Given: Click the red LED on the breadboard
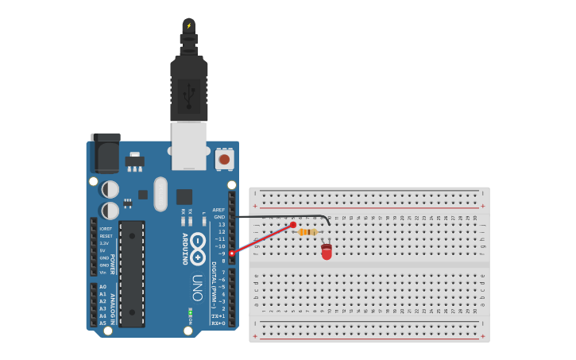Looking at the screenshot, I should pos(327,252).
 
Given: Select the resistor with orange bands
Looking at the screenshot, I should pos(307,232).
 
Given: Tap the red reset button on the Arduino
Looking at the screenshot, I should pos(224,159).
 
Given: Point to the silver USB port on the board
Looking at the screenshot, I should pos(189,145).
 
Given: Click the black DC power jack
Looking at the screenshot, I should pos(106,153).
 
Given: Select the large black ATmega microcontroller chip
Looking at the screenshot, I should pos(132,273).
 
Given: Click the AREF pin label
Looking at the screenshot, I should pos(218,210).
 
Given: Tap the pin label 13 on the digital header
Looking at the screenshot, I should pos(222,224).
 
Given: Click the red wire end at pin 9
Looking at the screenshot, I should pos(232,253).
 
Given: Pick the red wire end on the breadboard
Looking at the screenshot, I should pos(293,225).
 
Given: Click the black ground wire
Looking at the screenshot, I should pos(278,216).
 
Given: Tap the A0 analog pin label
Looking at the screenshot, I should pos(102,287).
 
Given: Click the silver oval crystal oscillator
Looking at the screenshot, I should pos(160,194).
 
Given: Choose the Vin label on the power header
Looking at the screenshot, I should pos(103,272).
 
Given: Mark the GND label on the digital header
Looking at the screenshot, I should pos(219,217).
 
